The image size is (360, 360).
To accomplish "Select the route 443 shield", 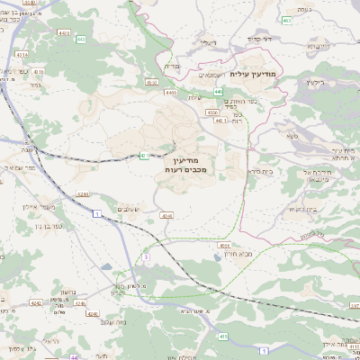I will click(x=81, y=40).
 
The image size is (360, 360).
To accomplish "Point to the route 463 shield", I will click(x=286, y=20).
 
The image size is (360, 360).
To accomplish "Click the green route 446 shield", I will click(x=219, y=91).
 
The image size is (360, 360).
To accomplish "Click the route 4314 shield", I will click(x=22, y=56).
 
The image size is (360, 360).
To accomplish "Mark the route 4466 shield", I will click(x=170, y=91).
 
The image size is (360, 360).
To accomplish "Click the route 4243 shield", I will click(x=166, y=216).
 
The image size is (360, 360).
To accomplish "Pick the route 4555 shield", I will click(x=224, y=244).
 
